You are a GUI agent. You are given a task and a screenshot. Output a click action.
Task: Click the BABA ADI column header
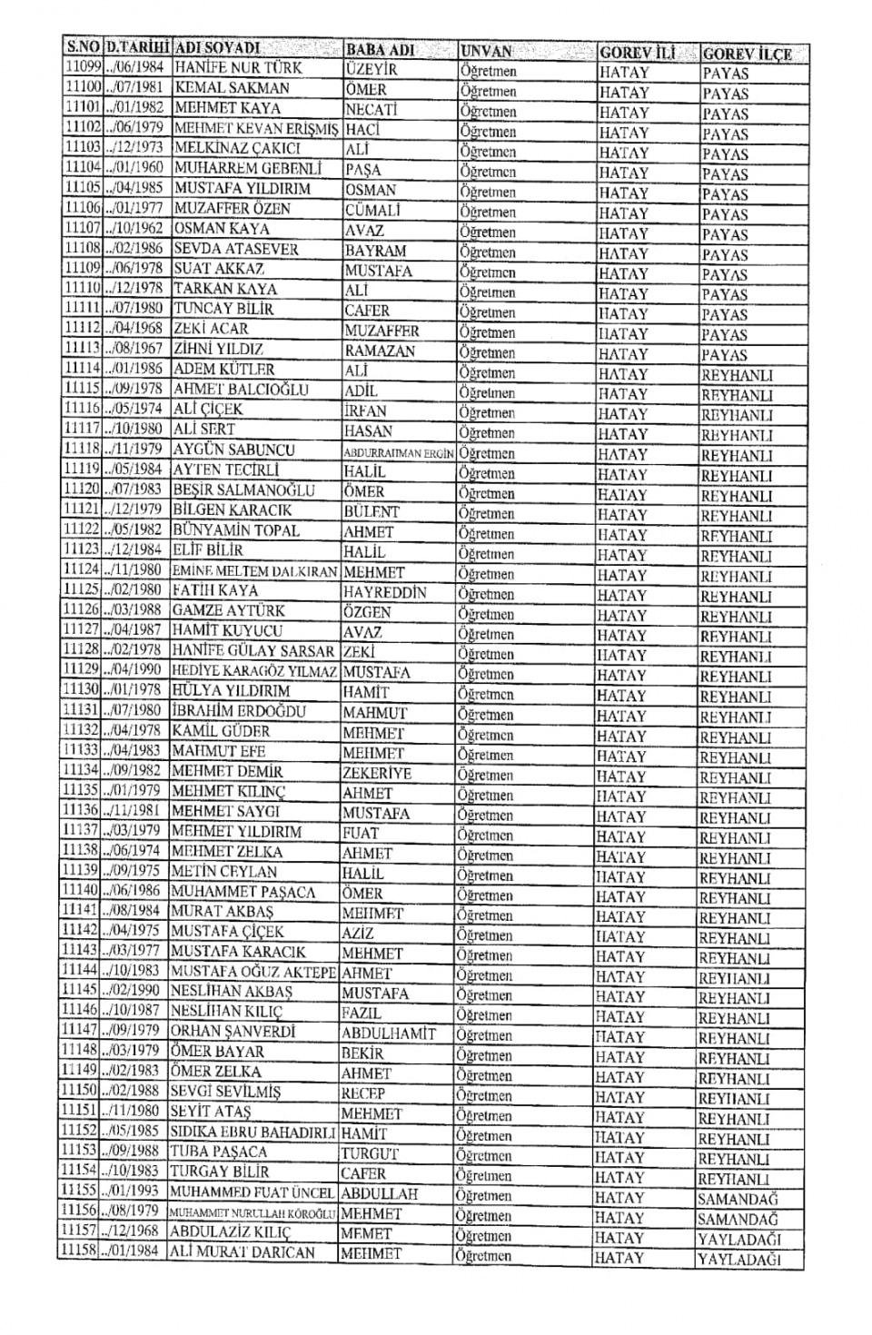coord(381,49)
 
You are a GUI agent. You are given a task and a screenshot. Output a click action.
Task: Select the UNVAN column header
coord(487,51)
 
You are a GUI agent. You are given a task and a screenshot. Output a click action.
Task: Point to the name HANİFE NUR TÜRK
coord(238,68)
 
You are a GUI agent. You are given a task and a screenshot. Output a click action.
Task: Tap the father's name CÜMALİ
coord(372,210)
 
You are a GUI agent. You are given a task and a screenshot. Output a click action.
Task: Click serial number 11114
coord(82,369)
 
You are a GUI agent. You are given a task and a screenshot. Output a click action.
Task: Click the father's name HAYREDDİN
coord(385,592)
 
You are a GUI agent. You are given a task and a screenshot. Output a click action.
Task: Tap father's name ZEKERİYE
coord(377,774)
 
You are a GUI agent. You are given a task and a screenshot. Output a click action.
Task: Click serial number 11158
coord(78,1251)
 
